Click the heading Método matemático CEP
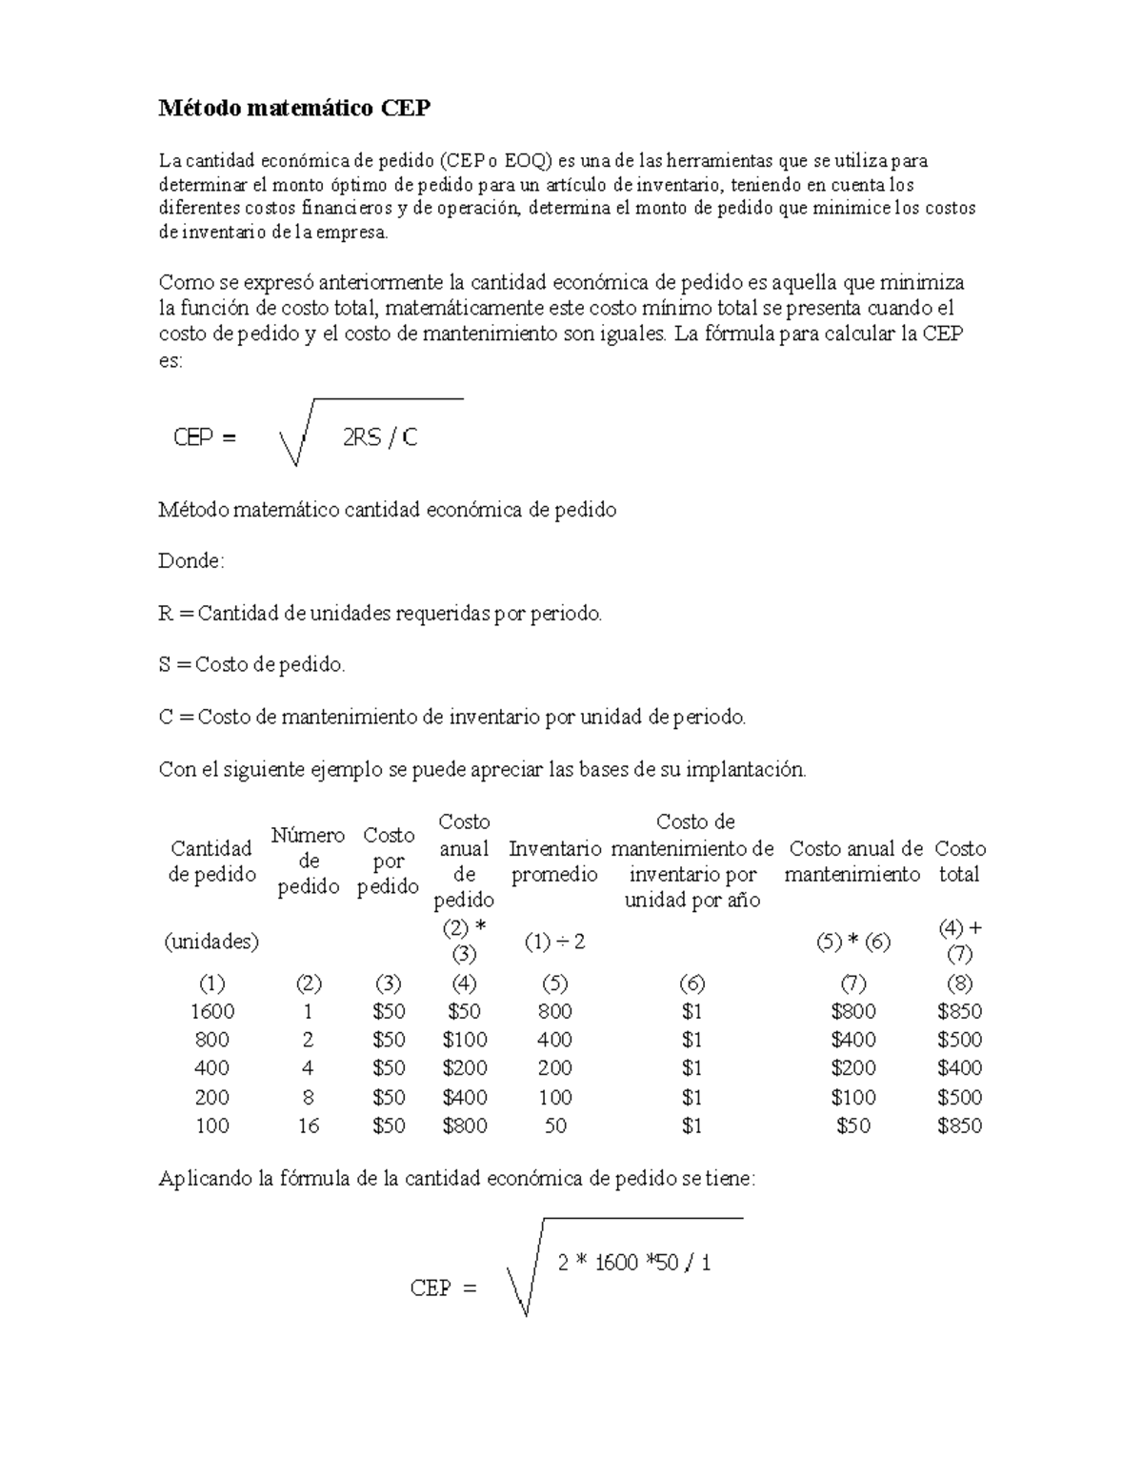294,109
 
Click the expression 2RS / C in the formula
379,437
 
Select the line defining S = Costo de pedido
251,665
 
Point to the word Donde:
190,561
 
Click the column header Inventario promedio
554,862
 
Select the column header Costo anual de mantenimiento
853,862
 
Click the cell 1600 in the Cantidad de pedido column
211,1011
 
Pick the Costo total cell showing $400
959,1068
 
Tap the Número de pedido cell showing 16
308,1125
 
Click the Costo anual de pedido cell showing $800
465,1125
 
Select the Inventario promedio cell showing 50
554,1125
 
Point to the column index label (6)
692,983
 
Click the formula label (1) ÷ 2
554,942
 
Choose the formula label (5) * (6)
853,942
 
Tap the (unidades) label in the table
211,942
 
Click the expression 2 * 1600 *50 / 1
634,1263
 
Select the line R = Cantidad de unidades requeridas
380,614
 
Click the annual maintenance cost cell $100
853,1097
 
